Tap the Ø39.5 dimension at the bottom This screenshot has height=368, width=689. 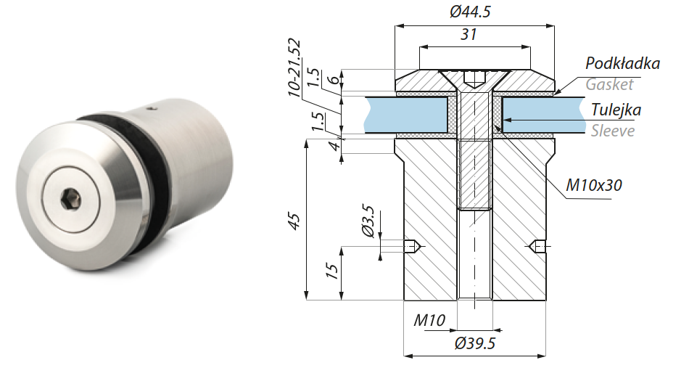[x=475, y=343]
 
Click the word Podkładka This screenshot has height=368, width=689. [x=622, y=64]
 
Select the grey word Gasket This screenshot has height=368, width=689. [x=609, y=84]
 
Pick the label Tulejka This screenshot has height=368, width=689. [x=616, y=110]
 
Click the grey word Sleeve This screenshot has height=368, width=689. [x=612, y=131]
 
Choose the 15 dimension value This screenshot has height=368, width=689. [x=331, y=271]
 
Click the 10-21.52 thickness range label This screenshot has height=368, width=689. [x=294, y=67]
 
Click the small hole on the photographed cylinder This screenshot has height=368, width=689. [x=152, y=110]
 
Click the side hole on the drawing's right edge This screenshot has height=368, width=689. [x=538, y=247]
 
